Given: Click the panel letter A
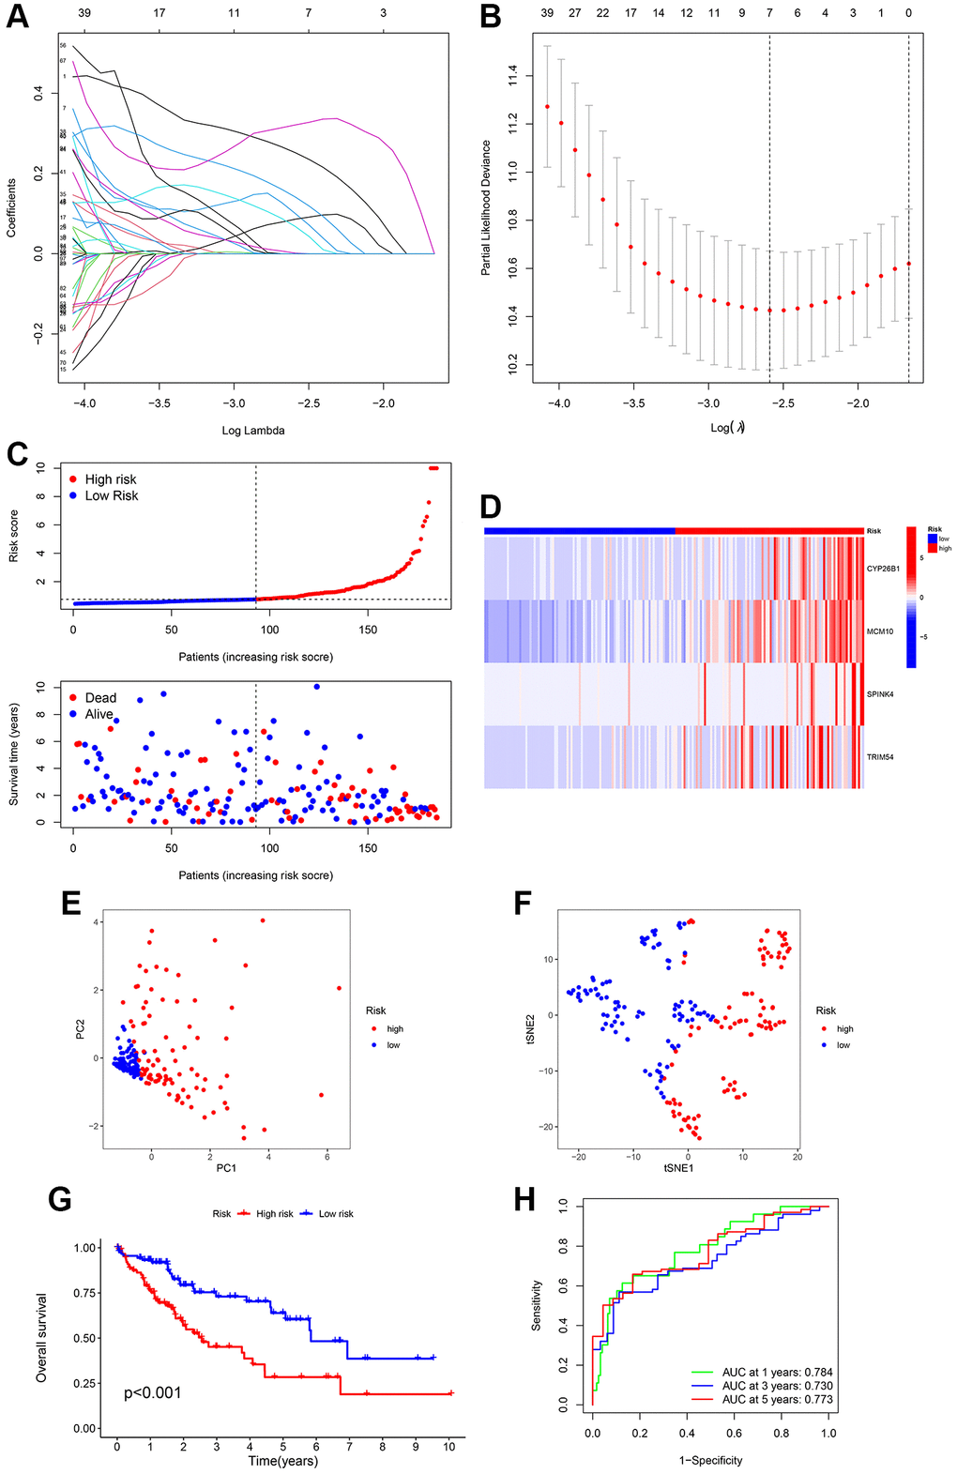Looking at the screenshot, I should pos(18,18).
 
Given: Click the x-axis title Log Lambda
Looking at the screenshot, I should pos(252,431).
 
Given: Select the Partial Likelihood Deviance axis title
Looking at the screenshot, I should pos(486,207).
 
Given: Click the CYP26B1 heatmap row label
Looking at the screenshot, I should pos(883,569).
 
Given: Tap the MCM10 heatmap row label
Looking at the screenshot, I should pos(880,631).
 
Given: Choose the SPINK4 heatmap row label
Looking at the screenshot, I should pos(880,694).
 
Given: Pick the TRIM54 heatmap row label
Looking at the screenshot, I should pos(880,756).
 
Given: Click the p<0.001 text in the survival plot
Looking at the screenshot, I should pos(153,1393).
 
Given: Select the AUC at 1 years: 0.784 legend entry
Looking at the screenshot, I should pos(777,1372).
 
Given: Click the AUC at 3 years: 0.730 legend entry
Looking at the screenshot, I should pos(777,1386).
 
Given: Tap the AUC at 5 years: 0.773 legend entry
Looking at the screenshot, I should pos(777,1399).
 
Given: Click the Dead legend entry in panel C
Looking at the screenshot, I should pos(100,698).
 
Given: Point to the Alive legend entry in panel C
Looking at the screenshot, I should pos(99,714).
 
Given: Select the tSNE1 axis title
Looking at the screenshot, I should pos(678,1167).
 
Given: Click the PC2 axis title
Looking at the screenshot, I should pos(81,1028).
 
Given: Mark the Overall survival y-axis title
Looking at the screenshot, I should pos(41,1337).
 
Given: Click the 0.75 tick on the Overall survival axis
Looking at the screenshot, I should pos(85,1293).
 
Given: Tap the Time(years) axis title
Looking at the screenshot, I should pos(282,1461).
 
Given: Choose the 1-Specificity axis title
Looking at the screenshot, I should pos(710,1461).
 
